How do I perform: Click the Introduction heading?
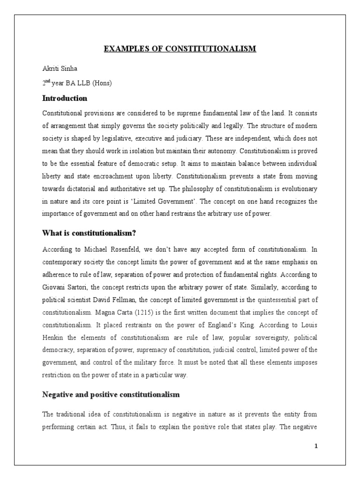click(x=65, y=98)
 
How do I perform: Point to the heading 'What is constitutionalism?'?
click(x=89, y=233)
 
